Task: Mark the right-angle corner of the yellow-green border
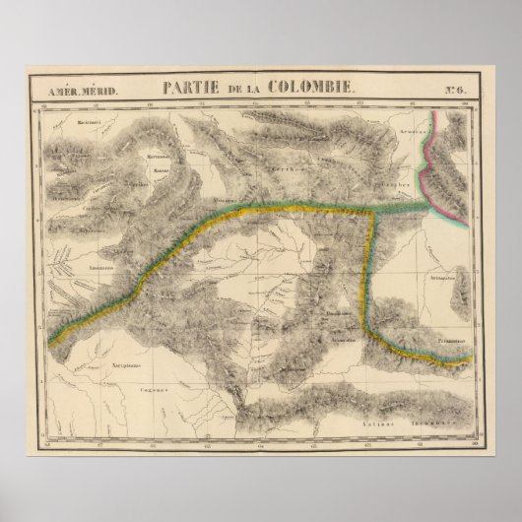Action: pyautogui.click(x=371, y=211)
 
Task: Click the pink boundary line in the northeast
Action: pyautogui.click(x=424, y=158)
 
